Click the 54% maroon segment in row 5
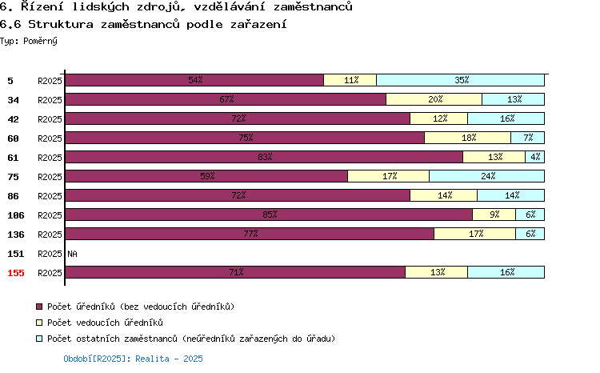[x=194, y=80]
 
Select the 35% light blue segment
[x=460, y=80]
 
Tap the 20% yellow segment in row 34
[x=434, y=99]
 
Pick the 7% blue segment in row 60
[x=528, y=138]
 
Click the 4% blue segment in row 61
[x=535, y=157]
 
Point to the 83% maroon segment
[x=264, y=157]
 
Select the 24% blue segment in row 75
[x=486, y=176]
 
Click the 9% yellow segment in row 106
[x=494, y=214]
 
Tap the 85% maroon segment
[x=269, y=214]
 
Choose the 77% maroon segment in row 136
[x=250, y=233]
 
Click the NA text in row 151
[x=72, y=254]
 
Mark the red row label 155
[x=16, y=273]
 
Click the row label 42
[x=13, y=119]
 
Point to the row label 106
[x=16, y=215]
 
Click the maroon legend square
[x=39, y=307]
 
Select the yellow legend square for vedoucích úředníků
[x=39, y=323]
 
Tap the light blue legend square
[x=39, y=339]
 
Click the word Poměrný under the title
[x=40, y=41]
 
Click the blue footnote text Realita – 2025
[x=169, y=359]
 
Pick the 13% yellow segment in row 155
[x=437, y=272]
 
